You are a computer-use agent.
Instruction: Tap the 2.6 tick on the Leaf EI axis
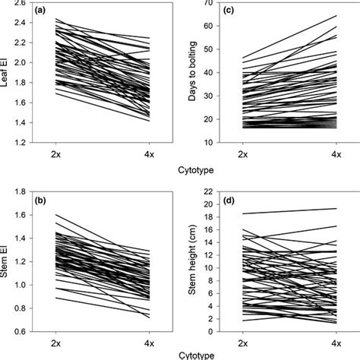(x=17, y=4)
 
